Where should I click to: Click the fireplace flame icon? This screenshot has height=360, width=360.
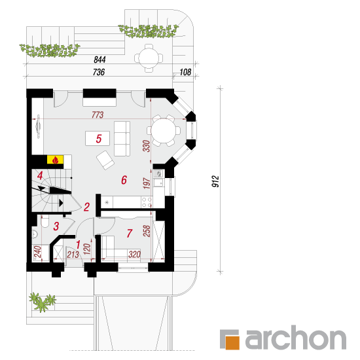click(x=55, y=160)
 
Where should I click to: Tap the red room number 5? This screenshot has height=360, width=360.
click(x=99, y=139)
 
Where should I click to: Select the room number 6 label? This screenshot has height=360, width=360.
click(x=124, y=180)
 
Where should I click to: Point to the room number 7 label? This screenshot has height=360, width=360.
click(x=130, y=233)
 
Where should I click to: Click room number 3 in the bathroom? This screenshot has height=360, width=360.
click(x=56, y=226)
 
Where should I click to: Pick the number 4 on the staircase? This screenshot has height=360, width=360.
click(x=40, y=175)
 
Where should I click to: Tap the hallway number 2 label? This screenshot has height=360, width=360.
click(x=86, y=207)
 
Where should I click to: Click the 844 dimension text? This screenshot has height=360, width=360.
click(x=99, y=60)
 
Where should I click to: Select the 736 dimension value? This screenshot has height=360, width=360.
click(x=99, y=72)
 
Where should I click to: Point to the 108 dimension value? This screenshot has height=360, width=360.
click(x=185, y=72)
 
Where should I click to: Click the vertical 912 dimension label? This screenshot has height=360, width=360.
click(x=215, y=181)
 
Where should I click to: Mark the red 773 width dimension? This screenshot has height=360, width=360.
click(x=98, y=115)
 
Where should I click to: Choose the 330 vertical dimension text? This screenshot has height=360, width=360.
click(x=147, y=146)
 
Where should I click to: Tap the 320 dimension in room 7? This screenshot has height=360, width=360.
click(x=134, y=255)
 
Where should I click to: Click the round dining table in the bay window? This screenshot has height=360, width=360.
click(x=164, y=131)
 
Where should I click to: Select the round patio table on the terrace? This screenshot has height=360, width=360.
click(x=149, y=58)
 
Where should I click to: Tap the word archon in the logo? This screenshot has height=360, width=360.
click(x=296, y=338)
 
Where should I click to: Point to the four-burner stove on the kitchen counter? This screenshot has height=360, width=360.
click(x=147, y=202)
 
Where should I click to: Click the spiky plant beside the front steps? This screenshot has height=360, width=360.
click(x=42, y=302)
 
